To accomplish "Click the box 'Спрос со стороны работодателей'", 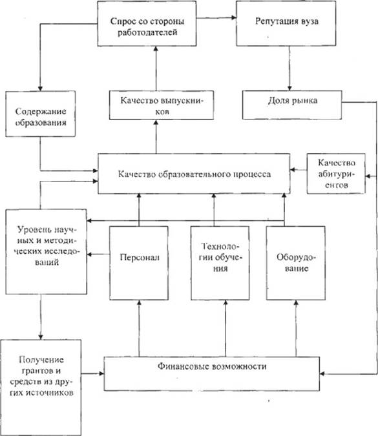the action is (x=147, y=23).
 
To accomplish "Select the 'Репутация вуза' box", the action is (x=286, y=23).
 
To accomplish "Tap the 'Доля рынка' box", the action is (x=292, y=105).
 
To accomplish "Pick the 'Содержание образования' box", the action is (x=40, y=114).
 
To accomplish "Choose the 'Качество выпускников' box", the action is (x=162, y=105).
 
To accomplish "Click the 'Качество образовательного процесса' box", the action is (x=194, y=174).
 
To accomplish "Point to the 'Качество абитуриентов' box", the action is (x=336, y=174).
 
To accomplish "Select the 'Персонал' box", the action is (x=139, y=263).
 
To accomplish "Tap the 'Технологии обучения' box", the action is (x=220, y=263).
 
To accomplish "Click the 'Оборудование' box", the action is (x=296, y=263).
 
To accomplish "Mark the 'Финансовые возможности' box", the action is (x=212, y=374).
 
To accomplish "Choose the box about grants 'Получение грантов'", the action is (x=41, y=388).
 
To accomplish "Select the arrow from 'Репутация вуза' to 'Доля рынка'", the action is (x=289, y=68).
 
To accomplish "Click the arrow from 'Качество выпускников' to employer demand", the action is (x=156, y=68).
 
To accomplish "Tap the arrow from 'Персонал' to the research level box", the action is (x=98, y=254).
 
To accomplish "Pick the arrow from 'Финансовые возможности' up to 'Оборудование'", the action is (x=296, y=328).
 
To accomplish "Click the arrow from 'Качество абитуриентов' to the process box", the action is (x=299, y=170).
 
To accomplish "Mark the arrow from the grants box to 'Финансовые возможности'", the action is (x=92, y=373).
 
